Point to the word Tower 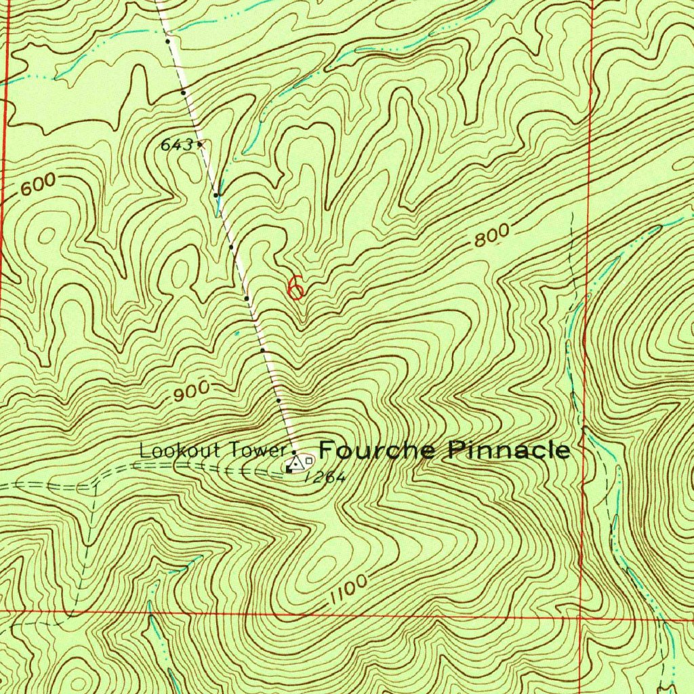click(257, 449)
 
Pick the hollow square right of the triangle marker click(309, 461)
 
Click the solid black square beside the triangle click(289, 468)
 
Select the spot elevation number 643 click(176, 144)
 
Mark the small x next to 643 click(201, 144)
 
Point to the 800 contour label click(491, 236)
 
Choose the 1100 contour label click(350, 589)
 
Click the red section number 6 click(295, 287)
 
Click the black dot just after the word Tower click(293, 451)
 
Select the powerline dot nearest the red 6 click(247, 298)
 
